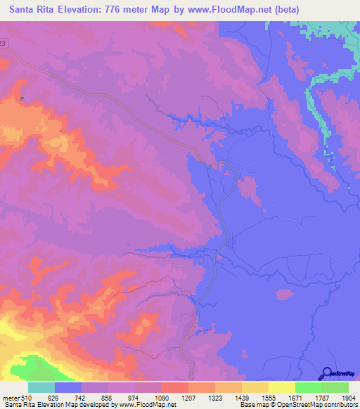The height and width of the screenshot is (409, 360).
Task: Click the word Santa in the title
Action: click(27, 10)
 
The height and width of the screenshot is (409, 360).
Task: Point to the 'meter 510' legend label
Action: click(15, 397)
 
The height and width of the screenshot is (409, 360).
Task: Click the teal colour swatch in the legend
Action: click(41, 387)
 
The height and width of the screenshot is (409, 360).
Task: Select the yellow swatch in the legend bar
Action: click(281, 387)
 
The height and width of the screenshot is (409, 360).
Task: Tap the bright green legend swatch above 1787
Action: click(308, 387)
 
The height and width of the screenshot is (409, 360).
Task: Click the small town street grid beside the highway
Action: click(233, 242)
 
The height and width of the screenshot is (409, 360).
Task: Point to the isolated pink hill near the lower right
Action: click(284, 294)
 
